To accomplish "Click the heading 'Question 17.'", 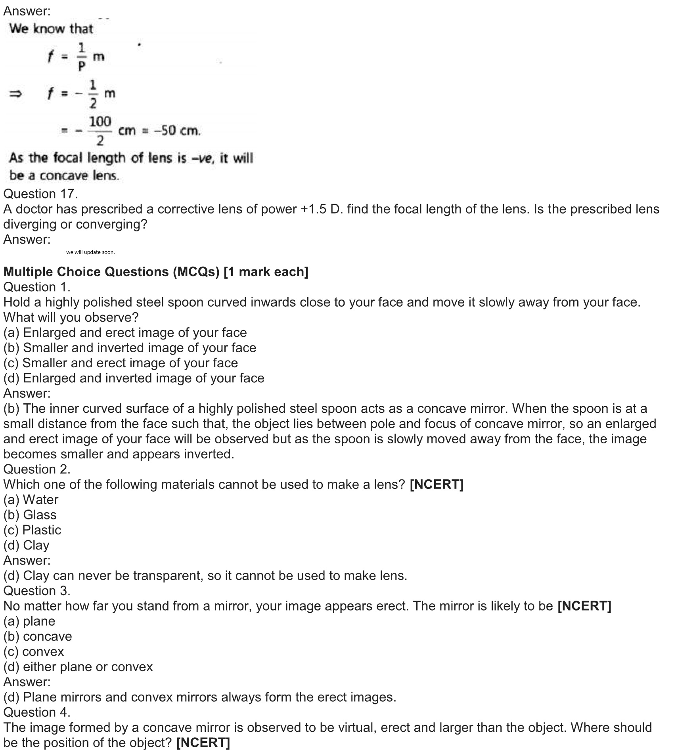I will coord(40,194).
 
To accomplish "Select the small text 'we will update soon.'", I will coord(90,252).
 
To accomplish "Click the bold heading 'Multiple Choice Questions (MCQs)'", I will coord(111,272).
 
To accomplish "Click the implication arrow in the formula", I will coord(15,94).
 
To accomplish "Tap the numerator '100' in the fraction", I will coord(100,122).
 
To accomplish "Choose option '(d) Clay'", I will coord(26,545).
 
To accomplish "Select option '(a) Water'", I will coord(31,500).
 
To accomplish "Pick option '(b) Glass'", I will coord(30,515).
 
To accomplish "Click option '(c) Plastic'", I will coord(32,530).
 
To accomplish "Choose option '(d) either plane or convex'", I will coord(78,667).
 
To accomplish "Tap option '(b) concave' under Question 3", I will coord(38,636).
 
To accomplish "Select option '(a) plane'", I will coord(29,621).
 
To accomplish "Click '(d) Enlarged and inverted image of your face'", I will coord(134,378).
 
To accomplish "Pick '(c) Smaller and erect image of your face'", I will coord(121,363).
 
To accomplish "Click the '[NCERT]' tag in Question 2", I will coord(436,485).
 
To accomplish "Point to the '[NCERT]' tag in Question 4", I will coord(203,742).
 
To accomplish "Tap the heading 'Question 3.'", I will coord(36,591).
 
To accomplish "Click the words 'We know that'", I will coord(51,29).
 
